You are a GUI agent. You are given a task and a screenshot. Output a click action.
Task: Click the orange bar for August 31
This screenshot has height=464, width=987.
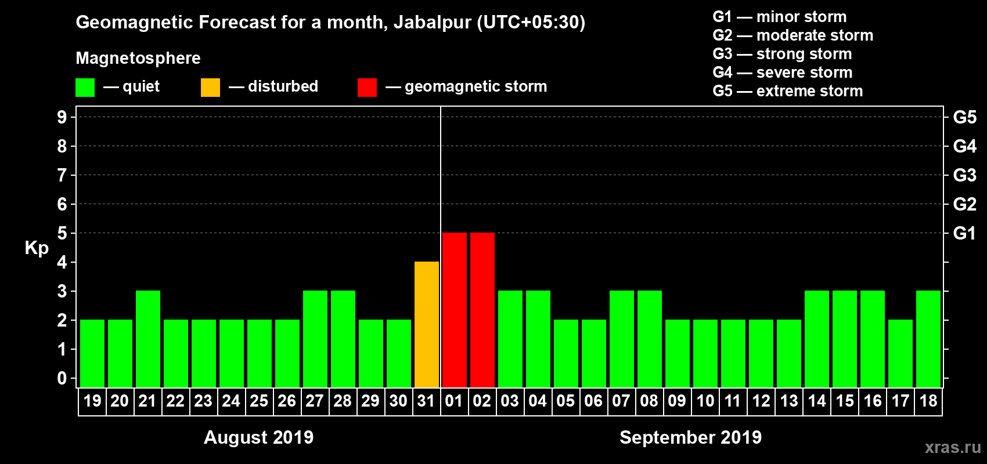[427, 324]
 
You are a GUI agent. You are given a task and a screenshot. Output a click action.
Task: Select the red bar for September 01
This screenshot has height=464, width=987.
[455, 310]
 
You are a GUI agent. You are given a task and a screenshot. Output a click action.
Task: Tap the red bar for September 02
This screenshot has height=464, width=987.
[482, 310]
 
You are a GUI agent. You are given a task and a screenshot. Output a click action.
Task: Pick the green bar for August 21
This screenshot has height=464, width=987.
[148, 339]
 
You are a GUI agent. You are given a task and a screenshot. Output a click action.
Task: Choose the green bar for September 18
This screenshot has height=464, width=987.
[928, 339]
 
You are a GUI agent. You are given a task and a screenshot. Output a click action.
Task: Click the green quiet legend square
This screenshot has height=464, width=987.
[85, 88]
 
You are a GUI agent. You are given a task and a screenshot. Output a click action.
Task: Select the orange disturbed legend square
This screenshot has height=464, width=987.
[210, 88]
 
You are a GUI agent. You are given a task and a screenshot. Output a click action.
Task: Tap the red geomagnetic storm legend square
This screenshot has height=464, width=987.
[367, 88]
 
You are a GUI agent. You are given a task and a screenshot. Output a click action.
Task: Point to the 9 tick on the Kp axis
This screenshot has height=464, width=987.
[62, 117]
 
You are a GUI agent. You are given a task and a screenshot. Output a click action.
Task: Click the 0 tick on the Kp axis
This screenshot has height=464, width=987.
[62, 379]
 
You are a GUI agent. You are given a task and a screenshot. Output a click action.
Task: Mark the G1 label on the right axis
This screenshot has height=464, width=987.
[964, 233]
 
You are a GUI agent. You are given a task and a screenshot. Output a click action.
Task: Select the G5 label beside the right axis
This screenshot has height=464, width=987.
[964, 117]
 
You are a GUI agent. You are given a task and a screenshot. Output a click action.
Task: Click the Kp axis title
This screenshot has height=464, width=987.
[37, 248]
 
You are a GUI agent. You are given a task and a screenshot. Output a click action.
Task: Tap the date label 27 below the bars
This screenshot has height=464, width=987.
[315, 401]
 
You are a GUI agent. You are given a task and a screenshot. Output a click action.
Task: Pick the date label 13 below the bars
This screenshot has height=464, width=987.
[789, 401]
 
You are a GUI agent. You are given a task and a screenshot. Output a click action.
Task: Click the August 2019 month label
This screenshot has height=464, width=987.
[258, 437]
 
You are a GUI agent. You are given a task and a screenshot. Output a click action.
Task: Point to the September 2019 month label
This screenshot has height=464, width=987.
[690, 437]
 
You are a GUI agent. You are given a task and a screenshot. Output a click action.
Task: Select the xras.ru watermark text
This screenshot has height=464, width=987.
[953, 447]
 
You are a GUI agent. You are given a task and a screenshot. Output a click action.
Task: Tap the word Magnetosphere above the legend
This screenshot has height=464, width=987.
[138, 58]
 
